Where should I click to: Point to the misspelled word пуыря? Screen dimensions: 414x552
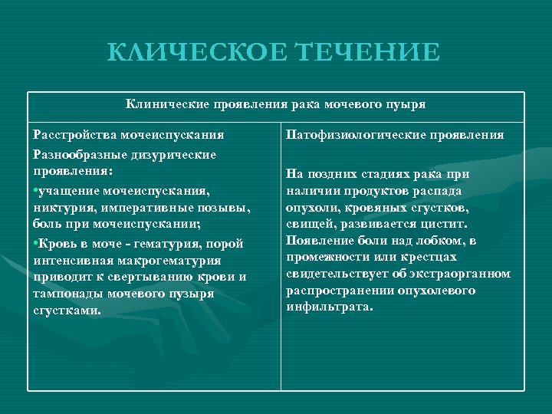click(407, 103)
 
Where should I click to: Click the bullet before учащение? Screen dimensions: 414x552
click(35, 189)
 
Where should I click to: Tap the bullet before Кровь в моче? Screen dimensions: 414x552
click(35, 245)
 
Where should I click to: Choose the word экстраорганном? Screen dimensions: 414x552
click(463, 274)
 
